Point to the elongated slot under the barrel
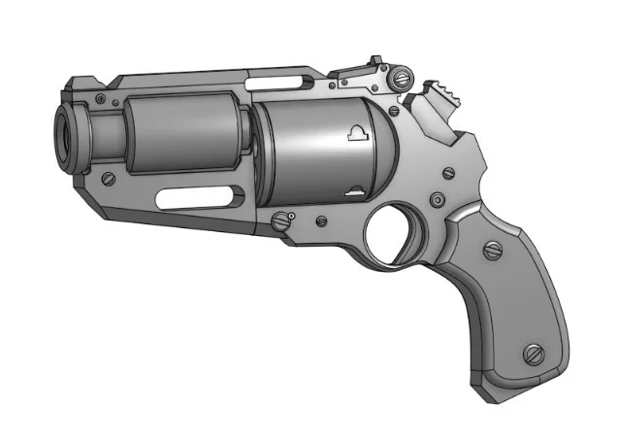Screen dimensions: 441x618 194,198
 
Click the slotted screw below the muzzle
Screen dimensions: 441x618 109,179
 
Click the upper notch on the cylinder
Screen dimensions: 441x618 356,135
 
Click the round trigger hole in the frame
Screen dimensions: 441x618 393,233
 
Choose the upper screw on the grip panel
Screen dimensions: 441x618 494,251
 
